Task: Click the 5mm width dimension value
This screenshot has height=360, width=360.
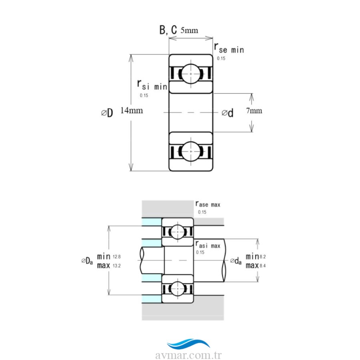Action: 189,30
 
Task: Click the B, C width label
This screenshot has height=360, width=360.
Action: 168,30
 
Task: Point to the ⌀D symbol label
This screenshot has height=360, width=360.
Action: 107,113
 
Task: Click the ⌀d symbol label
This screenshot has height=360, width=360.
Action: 228,113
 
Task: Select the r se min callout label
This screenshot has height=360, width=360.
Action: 229,49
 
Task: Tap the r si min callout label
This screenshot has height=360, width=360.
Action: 152,85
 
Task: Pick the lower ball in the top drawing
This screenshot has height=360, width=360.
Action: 190,152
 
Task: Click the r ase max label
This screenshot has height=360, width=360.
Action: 208,204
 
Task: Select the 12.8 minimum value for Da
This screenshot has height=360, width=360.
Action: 116,256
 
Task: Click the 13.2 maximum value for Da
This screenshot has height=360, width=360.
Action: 116,266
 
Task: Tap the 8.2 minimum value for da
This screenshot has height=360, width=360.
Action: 262,256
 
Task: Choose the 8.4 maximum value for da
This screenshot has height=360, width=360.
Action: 262,265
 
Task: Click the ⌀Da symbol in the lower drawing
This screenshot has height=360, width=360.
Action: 87,261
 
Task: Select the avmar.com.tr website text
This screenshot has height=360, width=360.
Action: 188,355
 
